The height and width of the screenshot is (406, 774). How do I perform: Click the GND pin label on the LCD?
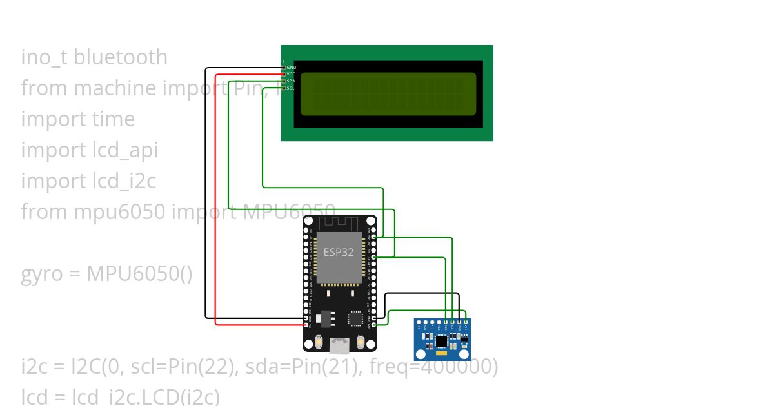click(291, 67)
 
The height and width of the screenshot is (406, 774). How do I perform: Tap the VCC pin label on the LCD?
click(291, 74)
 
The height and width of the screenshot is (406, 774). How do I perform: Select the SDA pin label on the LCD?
click(291, 81)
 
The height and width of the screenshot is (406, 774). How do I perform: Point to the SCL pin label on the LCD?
click(291, 88)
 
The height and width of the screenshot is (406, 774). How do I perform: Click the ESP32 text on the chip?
click(339, 252)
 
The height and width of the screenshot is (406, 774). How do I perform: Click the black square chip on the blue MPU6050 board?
click(441, 340)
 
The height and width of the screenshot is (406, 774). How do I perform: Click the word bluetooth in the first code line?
click(121, 57)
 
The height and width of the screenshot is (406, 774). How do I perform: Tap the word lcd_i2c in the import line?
click(124, 181)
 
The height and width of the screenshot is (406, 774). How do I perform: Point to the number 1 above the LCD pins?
click(283, 61)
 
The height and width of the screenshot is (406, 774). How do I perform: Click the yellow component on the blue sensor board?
click(441, 353)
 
